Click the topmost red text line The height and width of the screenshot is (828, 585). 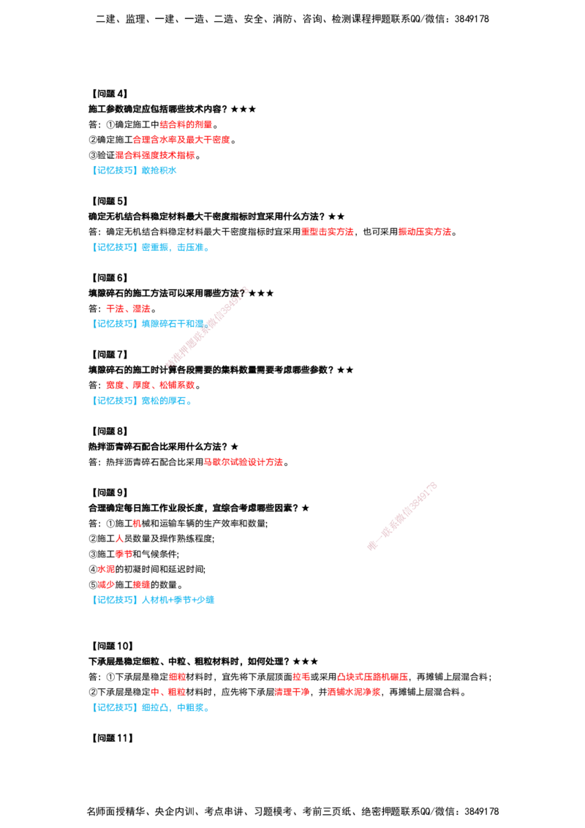point(186,124)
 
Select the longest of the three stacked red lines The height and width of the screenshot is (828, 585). point(182,139)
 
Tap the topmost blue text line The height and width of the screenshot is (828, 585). point(136,170)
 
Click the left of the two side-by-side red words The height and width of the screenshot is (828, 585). point(328,232)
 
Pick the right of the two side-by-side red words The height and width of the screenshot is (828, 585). point(425,232)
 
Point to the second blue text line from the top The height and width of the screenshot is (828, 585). point(151,248)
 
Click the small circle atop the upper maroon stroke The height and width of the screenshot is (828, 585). point(244,291)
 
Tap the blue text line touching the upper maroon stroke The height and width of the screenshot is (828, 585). point(150,323)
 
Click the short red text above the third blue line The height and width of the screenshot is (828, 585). point(128,309)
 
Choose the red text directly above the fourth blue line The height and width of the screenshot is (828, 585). point(150,385)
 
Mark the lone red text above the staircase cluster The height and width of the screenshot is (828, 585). point(244,462)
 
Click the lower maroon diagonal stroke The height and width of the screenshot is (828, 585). point(402,516)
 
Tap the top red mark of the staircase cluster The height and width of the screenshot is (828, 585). point(136,523)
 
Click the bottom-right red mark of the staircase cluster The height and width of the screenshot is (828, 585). point(141,584)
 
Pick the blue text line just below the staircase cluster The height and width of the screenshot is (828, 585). point(154,600)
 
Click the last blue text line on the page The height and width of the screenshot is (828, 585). point(151,707)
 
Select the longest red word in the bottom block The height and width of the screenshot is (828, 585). point(372,677)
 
